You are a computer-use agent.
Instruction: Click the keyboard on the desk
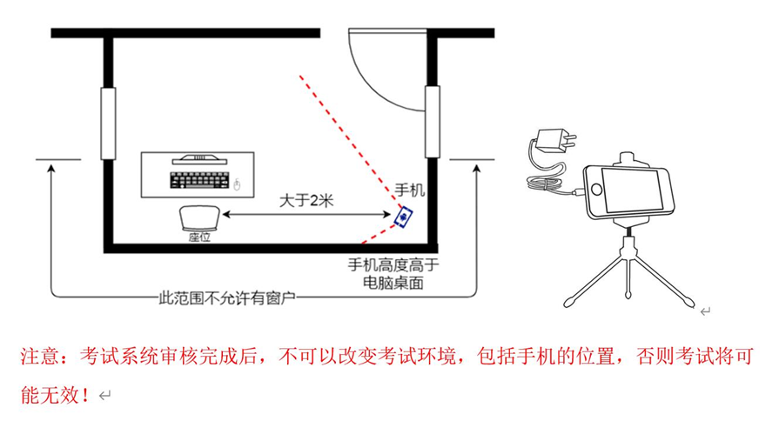(x=199, y=180)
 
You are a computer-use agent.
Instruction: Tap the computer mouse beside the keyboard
(x=237, y=184)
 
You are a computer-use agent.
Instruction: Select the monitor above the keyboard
(x=199, y=159)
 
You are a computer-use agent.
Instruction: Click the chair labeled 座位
(x=199, y=218)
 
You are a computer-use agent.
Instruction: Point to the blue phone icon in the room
(x=404, y=217)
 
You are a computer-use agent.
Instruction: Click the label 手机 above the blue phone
(x=410, y=190)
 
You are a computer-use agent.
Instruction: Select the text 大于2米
(x=306, y=201)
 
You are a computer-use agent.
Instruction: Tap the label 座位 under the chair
(x=199, y=237)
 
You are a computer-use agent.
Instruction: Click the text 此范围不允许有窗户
(x=227, y=297)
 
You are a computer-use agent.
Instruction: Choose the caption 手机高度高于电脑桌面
(x=393, y=273)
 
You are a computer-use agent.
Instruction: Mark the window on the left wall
(x=108, y=124)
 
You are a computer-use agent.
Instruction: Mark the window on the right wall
(x=433, y=122)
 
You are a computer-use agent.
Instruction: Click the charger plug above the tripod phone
(x=555, y=142)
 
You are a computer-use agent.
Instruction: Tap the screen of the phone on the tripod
(x=633, y=189)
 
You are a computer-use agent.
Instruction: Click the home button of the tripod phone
(x=595, y=189)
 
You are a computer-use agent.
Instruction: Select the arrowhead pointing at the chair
(x=226, y=215)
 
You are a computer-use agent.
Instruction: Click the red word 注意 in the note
(x=41, y=357)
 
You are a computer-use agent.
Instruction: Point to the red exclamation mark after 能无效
(x=85, y=395)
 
